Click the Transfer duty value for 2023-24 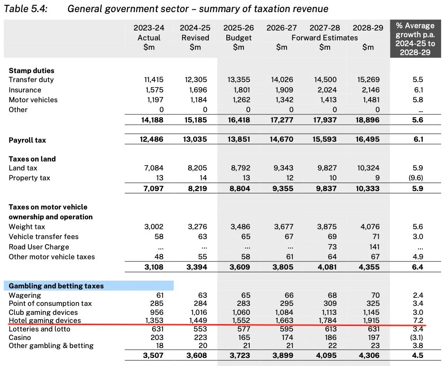[x=154, y=79]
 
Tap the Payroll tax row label [x=27, y=140]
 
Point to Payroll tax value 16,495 [x=367, y=139]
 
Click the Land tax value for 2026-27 [x=283, y=168]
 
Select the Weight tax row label [x=27, y=227]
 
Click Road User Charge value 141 [x=374, y=247]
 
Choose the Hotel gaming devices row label [x=44, y=320]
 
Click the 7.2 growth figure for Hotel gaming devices [x=418, y=320]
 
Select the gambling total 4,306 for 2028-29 [x=369, y=355]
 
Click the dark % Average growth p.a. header [x=415, y=39]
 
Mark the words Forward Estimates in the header [x=325, y=38]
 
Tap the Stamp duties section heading [x=31, y=70]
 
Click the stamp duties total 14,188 [x=152, y=120]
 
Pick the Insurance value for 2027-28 [x=327, y=90]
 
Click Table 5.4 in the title [x=25, y=9]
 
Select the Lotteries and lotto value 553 [x=200, y=329]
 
